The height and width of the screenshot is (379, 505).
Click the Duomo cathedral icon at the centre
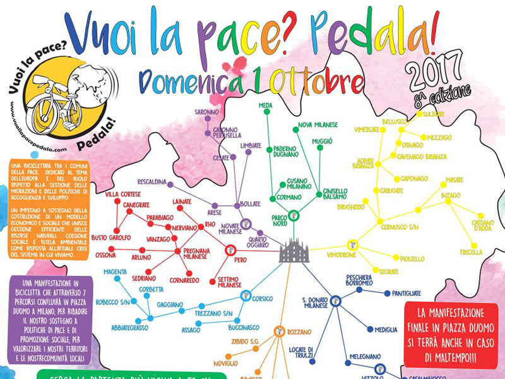coord(292,251)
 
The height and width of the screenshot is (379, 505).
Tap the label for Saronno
coord(206,112)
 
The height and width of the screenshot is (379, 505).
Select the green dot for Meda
coord(266,112)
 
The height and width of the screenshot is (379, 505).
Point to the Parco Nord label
coord(280,221)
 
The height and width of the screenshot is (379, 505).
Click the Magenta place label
coord(116,272)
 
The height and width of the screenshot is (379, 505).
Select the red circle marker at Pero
coord(230,250)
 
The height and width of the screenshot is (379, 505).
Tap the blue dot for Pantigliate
coord(386,293)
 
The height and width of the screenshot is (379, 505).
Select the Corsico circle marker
coord(246,295)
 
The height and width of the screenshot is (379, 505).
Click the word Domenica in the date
coord(193,82)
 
